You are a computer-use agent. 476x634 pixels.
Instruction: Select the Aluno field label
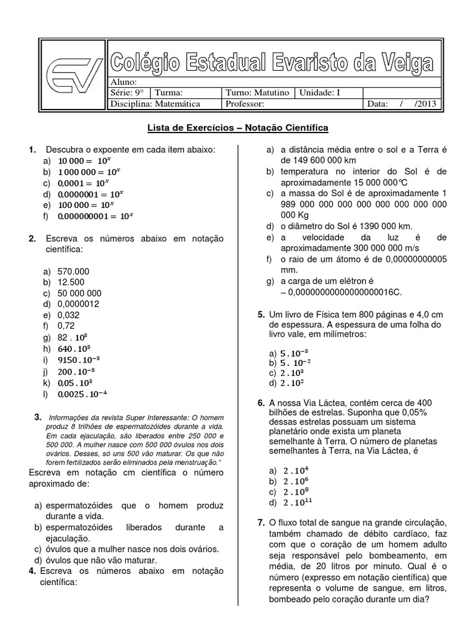click(x=122, y=82)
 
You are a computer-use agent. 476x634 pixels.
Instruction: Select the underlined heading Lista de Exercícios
click(x=195, y=128)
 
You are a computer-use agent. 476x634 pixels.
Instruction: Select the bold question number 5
click(x=261, y=315)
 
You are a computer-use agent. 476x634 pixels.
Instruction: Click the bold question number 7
click(x=261, y=523)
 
